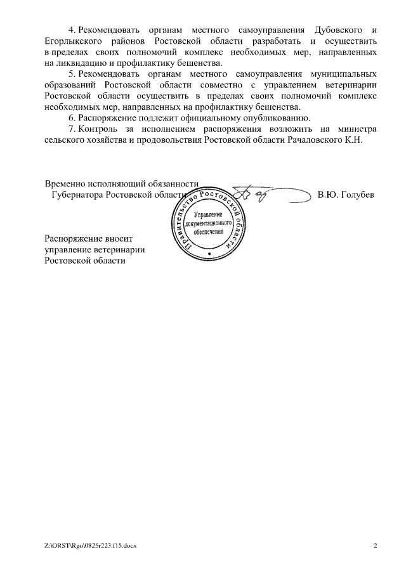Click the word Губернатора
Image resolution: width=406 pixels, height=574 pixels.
[x=77, y=195]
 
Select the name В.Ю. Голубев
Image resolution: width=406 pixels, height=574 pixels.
[x=345, y=195]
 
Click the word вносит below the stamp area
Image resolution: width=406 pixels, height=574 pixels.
[x=123, y=239]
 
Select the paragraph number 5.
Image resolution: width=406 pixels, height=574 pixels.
[x=72, y=74]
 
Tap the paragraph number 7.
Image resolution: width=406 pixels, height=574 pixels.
[x=72, y=129]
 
